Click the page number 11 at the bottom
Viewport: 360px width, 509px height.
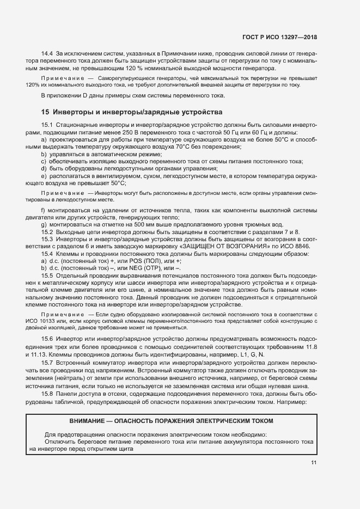(314, 463)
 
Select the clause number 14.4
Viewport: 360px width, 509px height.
(46, 53)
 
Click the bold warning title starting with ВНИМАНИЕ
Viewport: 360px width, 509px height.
(172, 421)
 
